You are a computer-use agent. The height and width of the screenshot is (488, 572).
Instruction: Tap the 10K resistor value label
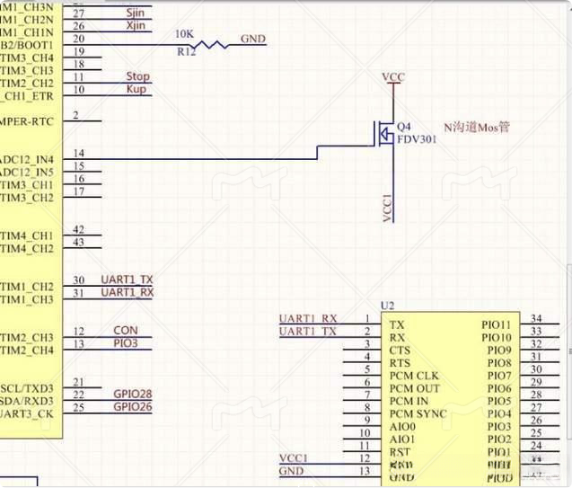pyautogui.click(x=184, y=33)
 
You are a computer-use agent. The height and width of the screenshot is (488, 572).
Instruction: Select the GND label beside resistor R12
pyautogui.click(x=253, y=40)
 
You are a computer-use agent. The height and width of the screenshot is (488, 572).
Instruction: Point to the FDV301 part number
pyautogui.click(x=417, y=140)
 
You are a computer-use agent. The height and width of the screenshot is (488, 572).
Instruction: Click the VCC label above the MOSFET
pyautogui.click(x=393, y=77)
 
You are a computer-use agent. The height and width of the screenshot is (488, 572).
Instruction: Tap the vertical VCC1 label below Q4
pyautogui.click(x=388, y=207)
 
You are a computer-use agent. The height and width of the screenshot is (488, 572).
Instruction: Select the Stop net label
pyautogui.click(x=137, y=77)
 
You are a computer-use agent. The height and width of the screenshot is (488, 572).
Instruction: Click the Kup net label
pyautogui.click(x=136, y=90)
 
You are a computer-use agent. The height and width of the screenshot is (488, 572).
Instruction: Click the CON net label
pyautogui.click(x=126, y=331)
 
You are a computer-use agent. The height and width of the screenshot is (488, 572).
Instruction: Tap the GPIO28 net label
pyautogui.click(x=133, y=395)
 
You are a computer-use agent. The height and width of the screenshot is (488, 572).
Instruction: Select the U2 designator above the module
pyautogui.click(x=388, y=306)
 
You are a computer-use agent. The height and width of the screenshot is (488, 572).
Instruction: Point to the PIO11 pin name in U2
pyautogui.click(x=497, y=324)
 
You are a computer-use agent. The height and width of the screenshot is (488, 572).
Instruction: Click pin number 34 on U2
pyautogui.click(x=536, y=318)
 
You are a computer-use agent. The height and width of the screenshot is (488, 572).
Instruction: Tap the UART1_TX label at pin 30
pyautogui.click(x=127, y=280)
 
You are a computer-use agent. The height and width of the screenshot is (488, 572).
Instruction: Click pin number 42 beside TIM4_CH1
pyautogui.click(x=79, y=230)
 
